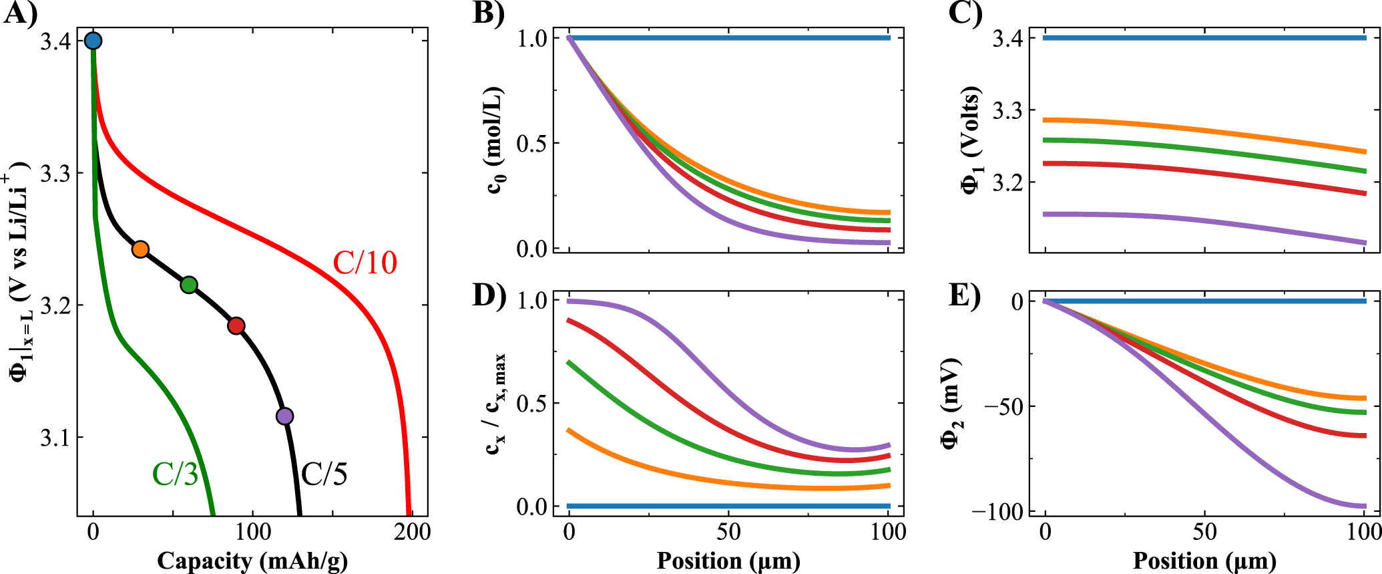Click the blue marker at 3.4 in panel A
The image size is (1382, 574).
93,41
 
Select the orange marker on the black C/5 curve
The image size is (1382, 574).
140,249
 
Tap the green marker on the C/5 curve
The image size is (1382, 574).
189,285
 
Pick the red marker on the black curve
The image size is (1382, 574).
236,325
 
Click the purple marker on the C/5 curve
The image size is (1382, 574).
284,416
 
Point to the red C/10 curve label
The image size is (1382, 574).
365,263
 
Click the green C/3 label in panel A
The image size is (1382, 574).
175,474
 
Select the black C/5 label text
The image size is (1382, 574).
324,474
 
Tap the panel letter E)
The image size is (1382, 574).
964,295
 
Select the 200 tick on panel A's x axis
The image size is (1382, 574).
411,533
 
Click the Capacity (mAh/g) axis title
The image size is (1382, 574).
252,560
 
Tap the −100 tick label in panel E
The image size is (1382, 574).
996,511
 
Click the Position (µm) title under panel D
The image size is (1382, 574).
728,560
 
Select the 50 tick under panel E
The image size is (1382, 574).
1204,533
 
